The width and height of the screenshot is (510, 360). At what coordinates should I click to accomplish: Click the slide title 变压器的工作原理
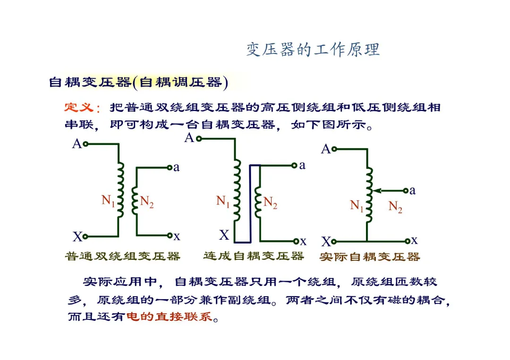point(313,50)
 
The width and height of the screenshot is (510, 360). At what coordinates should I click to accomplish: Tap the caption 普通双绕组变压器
point(123,256)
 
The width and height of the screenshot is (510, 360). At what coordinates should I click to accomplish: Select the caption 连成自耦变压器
point(254,256)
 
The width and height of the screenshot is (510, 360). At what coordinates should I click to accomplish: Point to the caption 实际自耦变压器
point(370,257)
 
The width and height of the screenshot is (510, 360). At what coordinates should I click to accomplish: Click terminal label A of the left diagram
point(76,144)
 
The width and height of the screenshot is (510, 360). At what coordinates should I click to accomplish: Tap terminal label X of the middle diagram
point(224,234)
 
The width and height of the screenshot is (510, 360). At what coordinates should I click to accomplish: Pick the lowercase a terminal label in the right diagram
point(413,190)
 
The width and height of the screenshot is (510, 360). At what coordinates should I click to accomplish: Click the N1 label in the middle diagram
point(223,201)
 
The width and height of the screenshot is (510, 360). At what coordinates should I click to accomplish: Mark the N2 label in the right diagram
point(395,206)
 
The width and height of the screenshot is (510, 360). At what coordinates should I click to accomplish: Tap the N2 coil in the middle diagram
point(257,201)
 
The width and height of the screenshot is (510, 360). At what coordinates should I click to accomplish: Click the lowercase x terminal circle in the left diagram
point(170,235)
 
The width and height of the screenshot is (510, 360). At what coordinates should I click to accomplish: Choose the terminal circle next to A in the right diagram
point(334,149)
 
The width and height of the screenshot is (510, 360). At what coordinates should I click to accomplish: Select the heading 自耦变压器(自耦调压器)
point(138,83)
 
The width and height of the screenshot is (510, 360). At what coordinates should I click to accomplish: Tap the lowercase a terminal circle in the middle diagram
point(294,166)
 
